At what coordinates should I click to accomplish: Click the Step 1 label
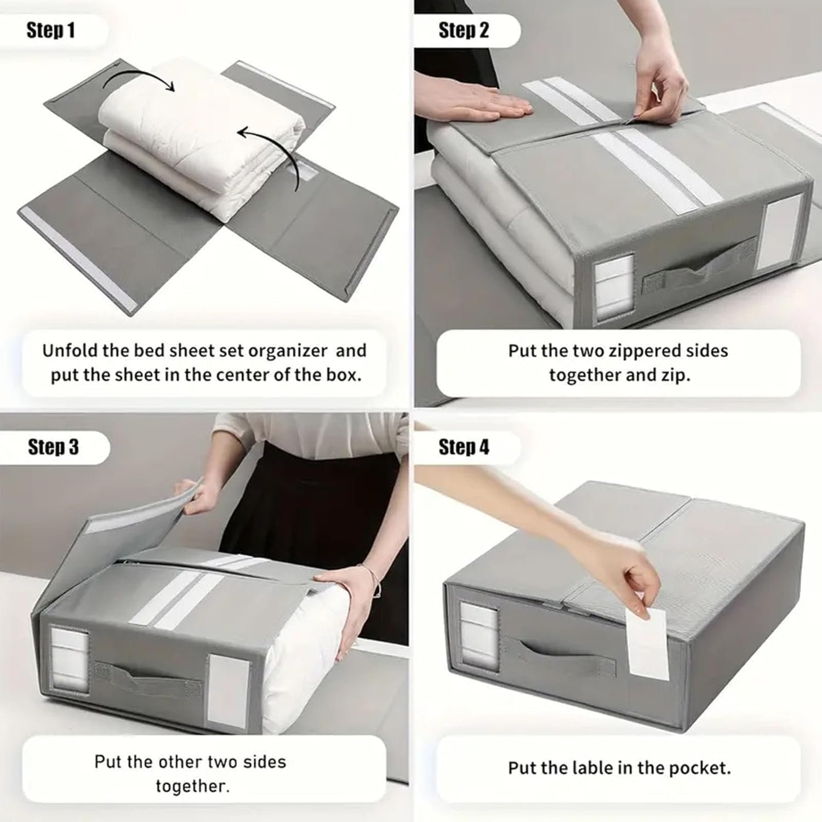coord(50,31)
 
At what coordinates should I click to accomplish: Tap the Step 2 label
coord(464,31)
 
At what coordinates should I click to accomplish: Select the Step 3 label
coord(53,447)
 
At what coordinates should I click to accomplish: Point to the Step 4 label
coord(464,447)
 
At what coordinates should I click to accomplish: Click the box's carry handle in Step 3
coord(148,680)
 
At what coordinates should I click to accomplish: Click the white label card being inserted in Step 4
coord(647,641)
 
